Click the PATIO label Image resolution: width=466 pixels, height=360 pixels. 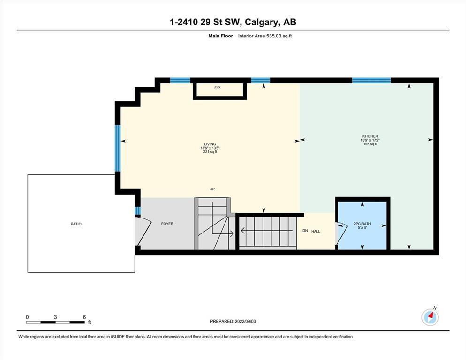click(76, 224)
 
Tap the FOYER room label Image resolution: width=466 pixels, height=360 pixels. click(167, 224)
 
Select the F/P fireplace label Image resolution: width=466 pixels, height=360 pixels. click(217, 88)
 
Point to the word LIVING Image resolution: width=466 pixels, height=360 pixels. click(210, 144)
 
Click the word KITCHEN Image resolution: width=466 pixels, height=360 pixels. click(370, 136)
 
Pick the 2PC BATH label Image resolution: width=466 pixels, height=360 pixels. click(362, 224)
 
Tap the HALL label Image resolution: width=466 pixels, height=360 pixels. click(316, 231)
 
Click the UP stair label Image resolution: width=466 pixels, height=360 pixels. click(212, 189)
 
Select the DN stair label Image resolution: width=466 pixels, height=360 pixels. click(305, 230)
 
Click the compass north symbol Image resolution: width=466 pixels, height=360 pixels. click(430, 317)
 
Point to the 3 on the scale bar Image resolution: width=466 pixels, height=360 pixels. click(55, 317)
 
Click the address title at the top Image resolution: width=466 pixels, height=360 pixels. click(233, 22)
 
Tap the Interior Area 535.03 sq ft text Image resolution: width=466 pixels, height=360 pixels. click(265, 36)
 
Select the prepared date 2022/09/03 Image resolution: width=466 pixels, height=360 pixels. click(245, 321)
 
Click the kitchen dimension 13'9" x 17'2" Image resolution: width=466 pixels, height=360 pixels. click(370, 140)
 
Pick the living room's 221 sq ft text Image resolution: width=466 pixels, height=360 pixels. click(210, 151)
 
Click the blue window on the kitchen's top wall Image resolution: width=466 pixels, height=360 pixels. click(371, 80)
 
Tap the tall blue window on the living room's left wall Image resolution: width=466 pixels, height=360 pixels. click(118, 148)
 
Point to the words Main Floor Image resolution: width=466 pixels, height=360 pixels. click(220, 36)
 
